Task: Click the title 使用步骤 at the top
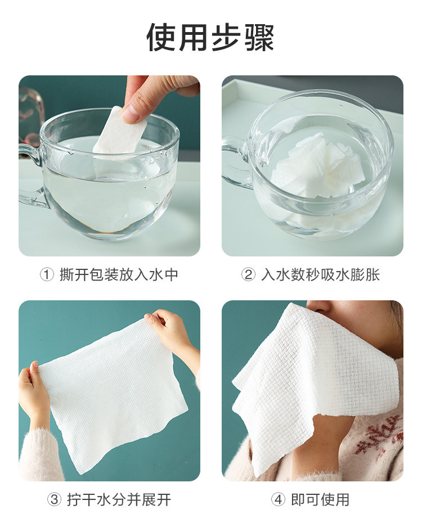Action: pyautogui.click(x=210, y=37)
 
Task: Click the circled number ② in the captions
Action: pyautogui.click(x=248, y=274)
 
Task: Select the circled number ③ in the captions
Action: pyautogui.click(x=54, y=499)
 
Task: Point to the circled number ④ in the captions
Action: pyautogui.click(x=279, y=499)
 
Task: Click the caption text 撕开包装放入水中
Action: pyautogui.click(x=119, y=274)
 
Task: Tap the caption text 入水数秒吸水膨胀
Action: pyautogui.click(x=320, y=274)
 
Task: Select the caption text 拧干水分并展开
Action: pyautogui.click(x=119, y=499)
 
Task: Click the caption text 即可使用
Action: pyautogui.click(x=320, y=499)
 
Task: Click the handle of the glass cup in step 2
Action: pyautogui.click(x=235, y=163)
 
